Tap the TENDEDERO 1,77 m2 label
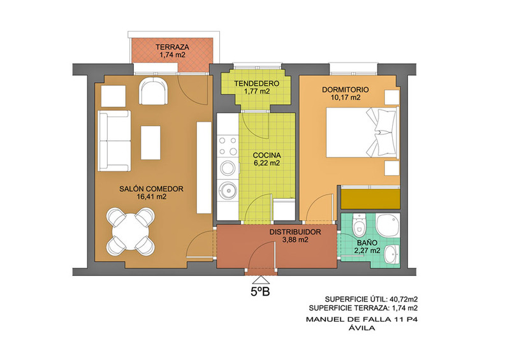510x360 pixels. click(x=257, y=87)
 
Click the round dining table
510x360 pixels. click(x=131, y=231)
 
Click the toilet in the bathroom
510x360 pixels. click(x=360, y=225)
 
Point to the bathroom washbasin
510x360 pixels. click(x=392, y=254)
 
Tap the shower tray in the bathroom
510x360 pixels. click(x=388, y=225)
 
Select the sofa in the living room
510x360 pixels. click(x=115, y=141)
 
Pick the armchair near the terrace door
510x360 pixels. click(x=154, y=90)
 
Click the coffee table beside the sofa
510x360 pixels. click(x=150, y=143)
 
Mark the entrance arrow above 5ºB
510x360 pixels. click(x=261, y=280)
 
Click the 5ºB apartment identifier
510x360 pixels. click(x=260, y=292)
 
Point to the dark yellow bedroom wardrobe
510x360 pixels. click(x=370, y=199)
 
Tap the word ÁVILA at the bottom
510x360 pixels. click(x=361, y=328)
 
